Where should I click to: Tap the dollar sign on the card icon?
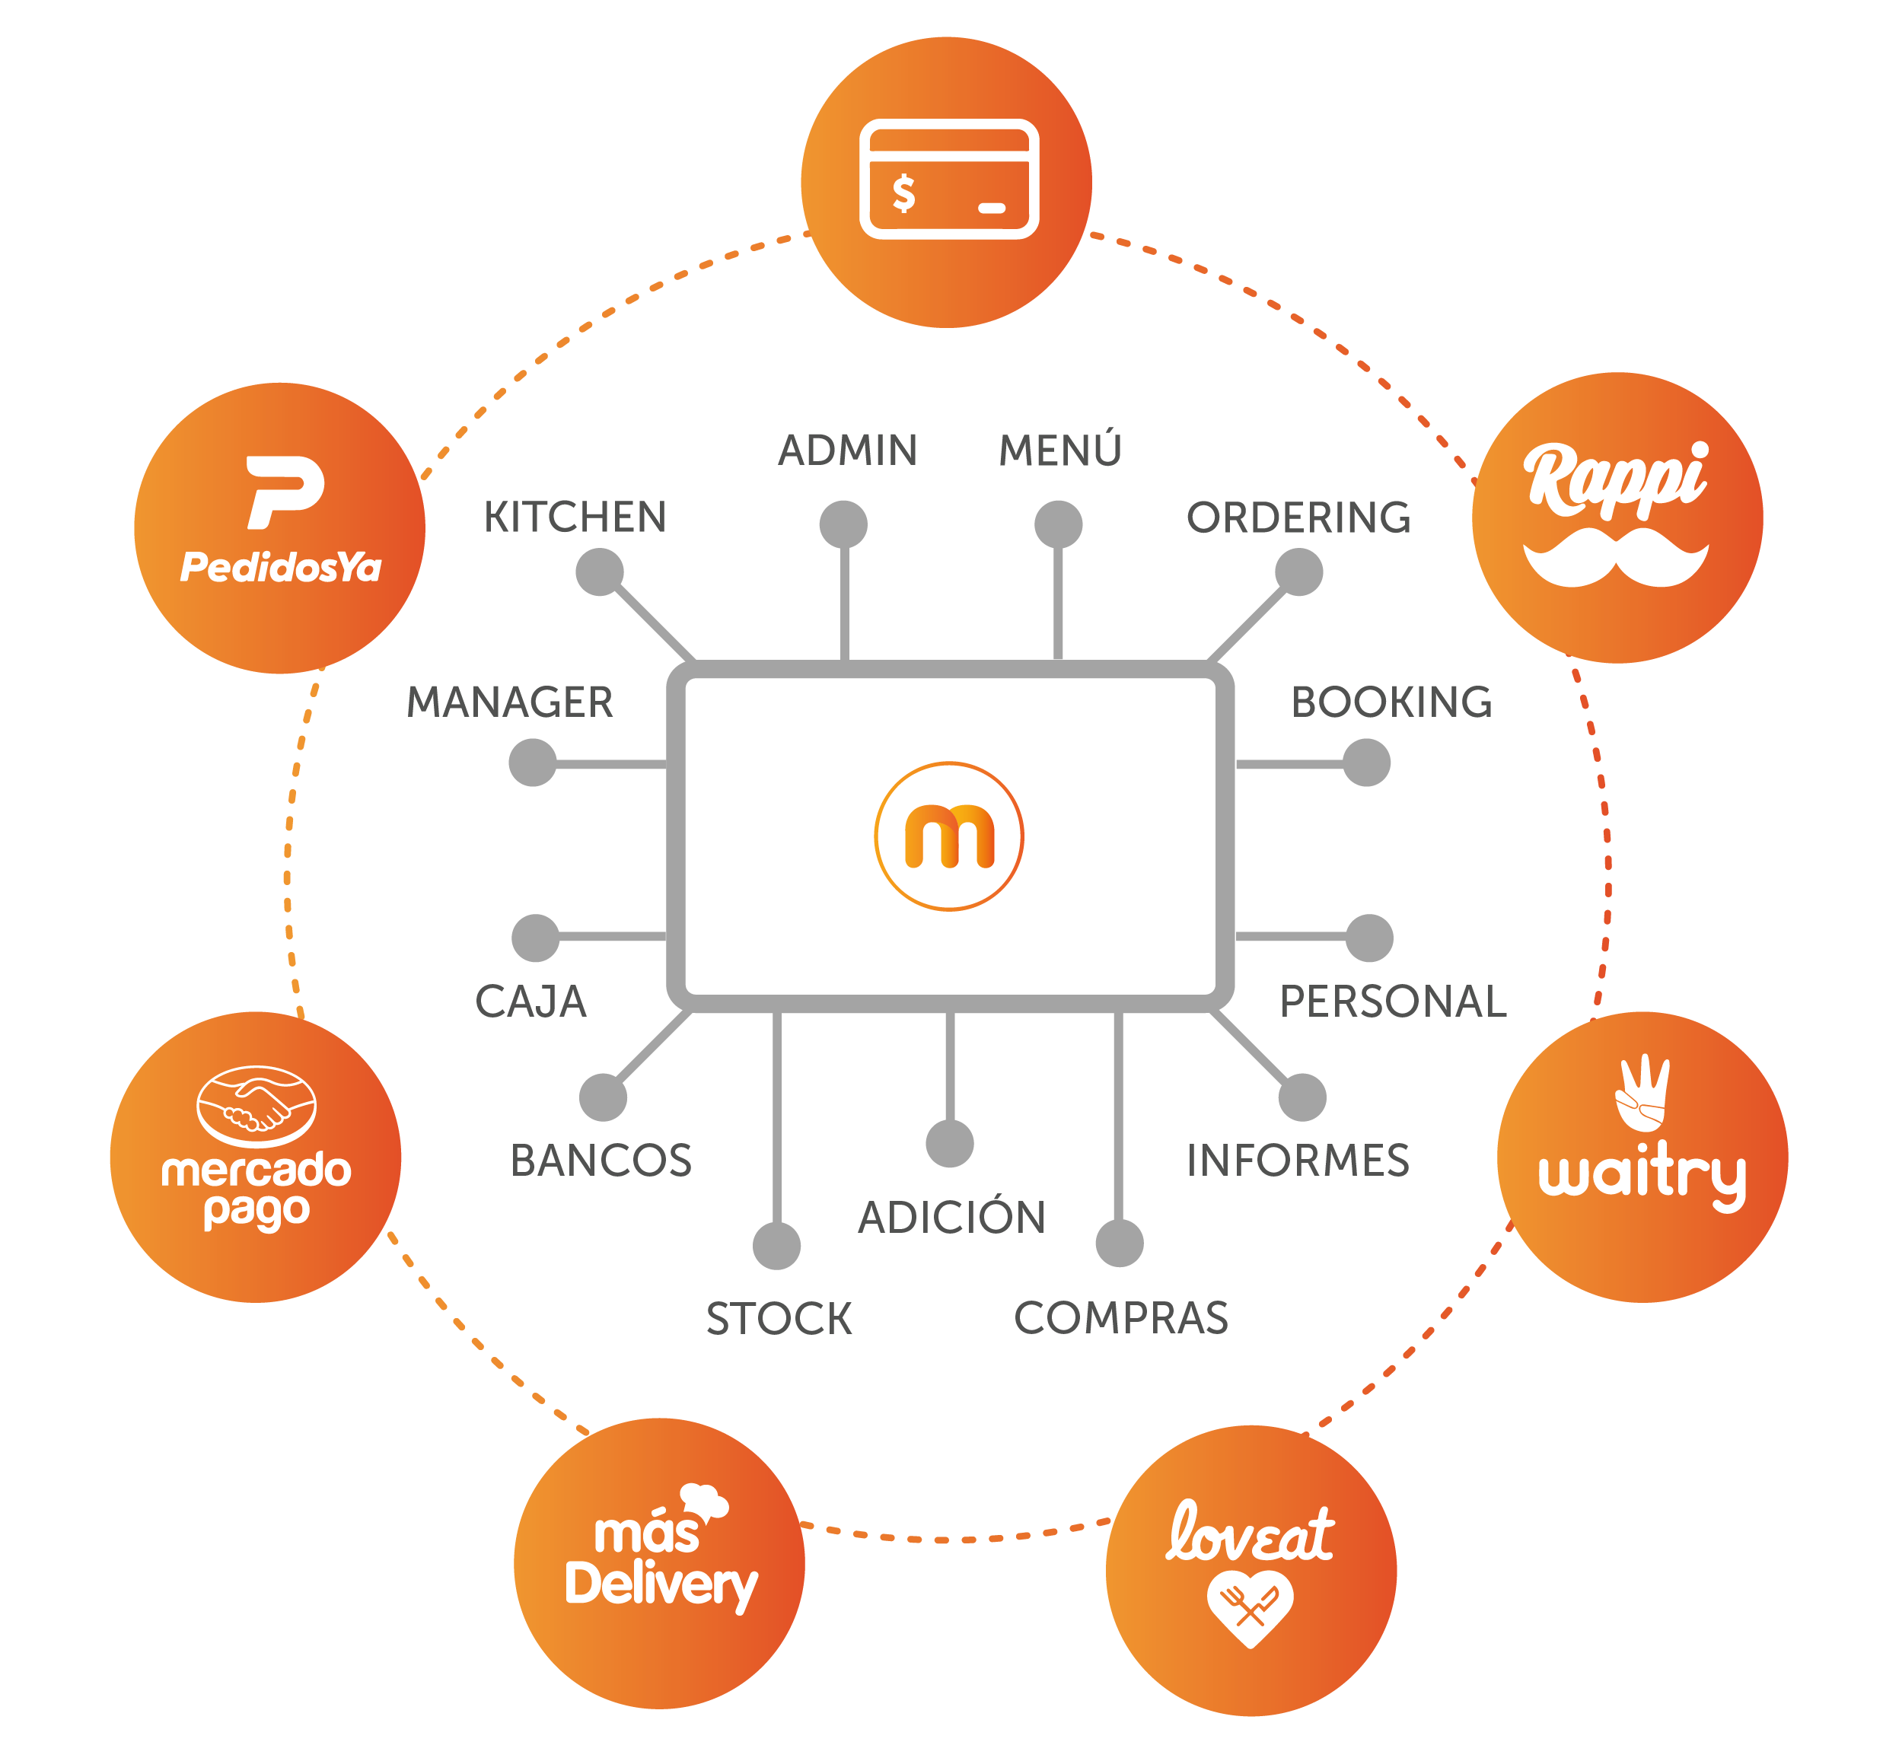coord(903,193)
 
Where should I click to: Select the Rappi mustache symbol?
coord(1615,557)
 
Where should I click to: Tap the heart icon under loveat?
coord(1249,1605)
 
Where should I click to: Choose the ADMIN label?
coord(846,451)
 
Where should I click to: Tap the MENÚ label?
coord(1059,451)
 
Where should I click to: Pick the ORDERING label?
coord(1298,518)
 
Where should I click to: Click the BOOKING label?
coord(1391,702)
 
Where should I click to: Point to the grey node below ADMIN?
coord(843,524)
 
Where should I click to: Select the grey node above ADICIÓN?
coord(950,1143)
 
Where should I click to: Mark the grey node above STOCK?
coord(776,1245)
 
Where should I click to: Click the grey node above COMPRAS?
coord(1120,1243)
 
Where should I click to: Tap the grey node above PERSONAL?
coord(1369,938)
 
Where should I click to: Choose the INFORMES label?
coord(1298,1161)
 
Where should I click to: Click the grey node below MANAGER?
coord(533,763)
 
